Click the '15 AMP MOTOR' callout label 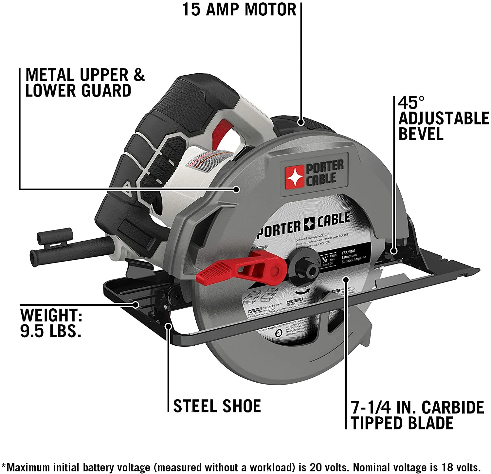click(x=239, y=9)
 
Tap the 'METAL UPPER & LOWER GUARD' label click(x=84, y=83)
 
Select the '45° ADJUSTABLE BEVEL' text click(x=443, y=118)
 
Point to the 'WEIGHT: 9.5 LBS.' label click(x=51, y=323)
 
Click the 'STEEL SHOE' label click(x=217, y=406)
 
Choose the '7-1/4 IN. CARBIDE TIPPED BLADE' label click(x=417, y=415)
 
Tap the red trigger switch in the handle click(x=223, y=131)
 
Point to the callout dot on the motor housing click(x=300, y=122)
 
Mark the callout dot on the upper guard click(x=236, y=189)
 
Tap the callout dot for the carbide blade click(x=346, y=279)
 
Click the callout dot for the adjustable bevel click(x=394, y=251)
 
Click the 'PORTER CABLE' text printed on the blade click(x=303, y=226)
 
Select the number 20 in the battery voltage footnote click(x=316, y=467)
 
